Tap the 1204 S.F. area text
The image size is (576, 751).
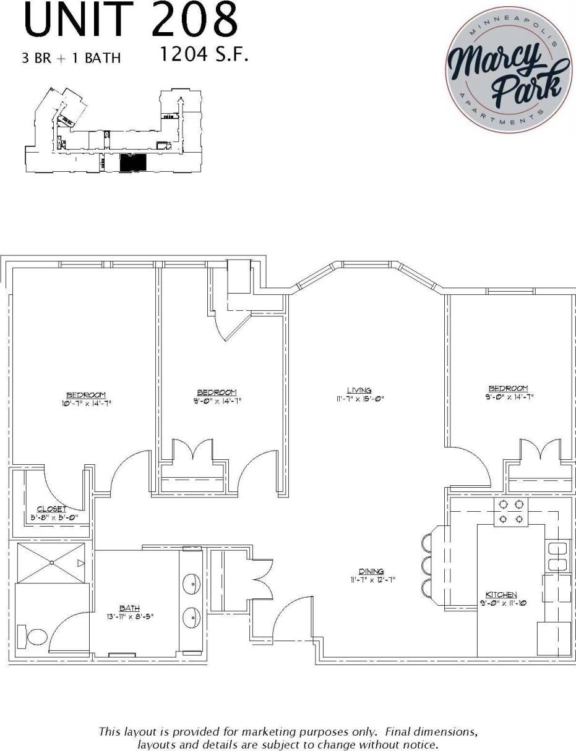tap(204, 55)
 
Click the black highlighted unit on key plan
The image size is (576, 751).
tap(132, 164)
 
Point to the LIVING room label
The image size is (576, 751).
tap(359, 390)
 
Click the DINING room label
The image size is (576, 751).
tap(371, 571)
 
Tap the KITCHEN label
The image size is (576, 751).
tap(501, 595)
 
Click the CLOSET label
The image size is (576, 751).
tap(52, 509)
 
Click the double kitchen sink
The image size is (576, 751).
tap(557, 556)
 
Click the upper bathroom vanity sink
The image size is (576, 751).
tap(192, 583)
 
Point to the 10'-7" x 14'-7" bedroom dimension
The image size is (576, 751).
tap(86, 404)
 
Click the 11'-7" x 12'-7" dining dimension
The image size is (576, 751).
tap(371, 580)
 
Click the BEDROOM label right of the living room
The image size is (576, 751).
tap(508, 388)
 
